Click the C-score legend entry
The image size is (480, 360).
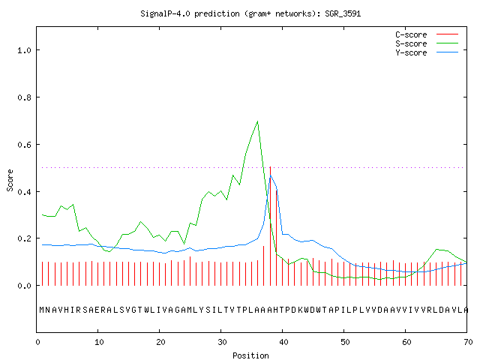427,34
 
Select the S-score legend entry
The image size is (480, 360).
427,43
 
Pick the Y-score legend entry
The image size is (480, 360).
427,52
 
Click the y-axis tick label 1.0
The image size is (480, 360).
24,50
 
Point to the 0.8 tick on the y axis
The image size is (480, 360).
24,97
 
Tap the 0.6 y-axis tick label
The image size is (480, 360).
24,145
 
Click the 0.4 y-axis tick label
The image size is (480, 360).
24,192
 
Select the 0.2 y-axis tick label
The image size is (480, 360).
24,238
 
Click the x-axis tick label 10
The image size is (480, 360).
98,342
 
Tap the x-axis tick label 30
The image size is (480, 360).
222,342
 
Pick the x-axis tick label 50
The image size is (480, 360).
345,342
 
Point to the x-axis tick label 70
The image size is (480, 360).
468,342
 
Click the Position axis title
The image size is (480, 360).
250,355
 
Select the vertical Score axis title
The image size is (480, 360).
10,180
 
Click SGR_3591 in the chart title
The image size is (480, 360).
343,13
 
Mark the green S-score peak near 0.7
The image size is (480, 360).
257,121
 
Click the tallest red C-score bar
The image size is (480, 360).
270,226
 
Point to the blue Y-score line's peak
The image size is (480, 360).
270,175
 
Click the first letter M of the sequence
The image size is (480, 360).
42,310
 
